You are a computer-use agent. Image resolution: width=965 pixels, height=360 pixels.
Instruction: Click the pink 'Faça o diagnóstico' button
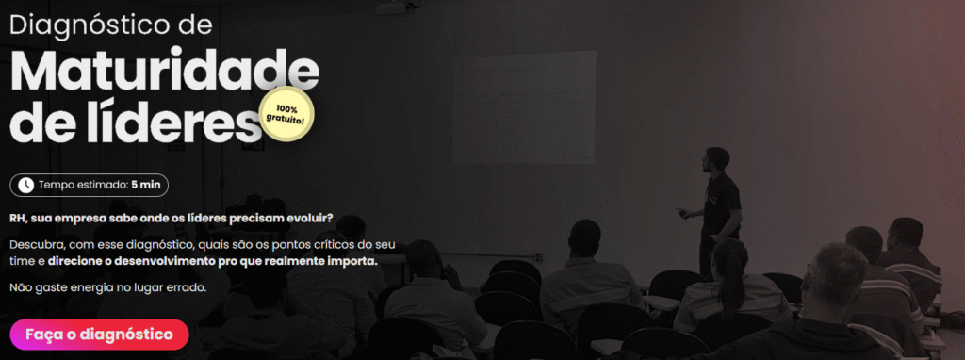click(99, 335)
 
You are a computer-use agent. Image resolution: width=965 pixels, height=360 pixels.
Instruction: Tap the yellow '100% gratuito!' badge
click(286, 114)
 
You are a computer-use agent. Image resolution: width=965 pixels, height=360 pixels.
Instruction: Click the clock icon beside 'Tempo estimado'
click(25, 185)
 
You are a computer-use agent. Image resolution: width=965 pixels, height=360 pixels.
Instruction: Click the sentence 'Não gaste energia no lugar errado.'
click(107, 287)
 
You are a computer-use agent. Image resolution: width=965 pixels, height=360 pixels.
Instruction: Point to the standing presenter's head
click(716, 158)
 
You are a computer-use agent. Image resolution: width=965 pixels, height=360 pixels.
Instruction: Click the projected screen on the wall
click(524, 107)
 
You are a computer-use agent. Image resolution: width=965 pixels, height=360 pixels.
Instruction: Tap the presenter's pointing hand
click(680, 212)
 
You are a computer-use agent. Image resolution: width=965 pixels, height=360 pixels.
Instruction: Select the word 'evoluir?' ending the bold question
click(311, 219)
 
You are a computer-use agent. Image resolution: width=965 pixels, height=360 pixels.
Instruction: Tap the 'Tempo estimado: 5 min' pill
click(90, 185)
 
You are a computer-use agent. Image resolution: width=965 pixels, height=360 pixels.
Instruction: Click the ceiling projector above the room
click(394, 8)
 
